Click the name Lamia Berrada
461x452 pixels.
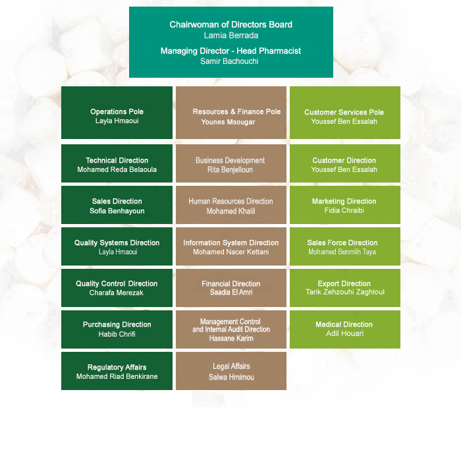point(231,36)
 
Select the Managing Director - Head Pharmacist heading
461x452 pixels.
point(230,51)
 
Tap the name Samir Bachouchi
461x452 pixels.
point(229,61)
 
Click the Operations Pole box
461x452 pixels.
point(117,113)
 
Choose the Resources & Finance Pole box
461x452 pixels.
point(231,113)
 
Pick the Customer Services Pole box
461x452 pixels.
point(345,113)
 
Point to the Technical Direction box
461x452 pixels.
point(117,163)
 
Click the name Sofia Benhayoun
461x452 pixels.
point(117,211)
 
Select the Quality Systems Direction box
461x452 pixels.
point(117,246)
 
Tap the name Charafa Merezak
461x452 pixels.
point(117,293)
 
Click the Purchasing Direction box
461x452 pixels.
point(117,329)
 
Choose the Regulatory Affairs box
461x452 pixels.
point(117,371)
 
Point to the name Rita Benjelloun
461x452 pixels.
point(230,170)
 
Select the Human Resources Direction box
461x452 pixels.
point(231,205)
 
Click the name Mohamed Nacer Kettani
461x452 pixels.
point(230,252)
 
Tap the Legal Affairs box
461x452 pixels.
point(231,371)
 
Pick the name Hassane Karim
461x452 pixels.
point(231,338)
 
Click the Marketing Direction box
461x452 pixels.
point(345,205)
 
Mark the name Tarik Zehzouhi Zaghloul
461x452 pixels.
point(345,292)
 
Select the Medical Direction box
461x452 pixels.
point(345,329)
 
